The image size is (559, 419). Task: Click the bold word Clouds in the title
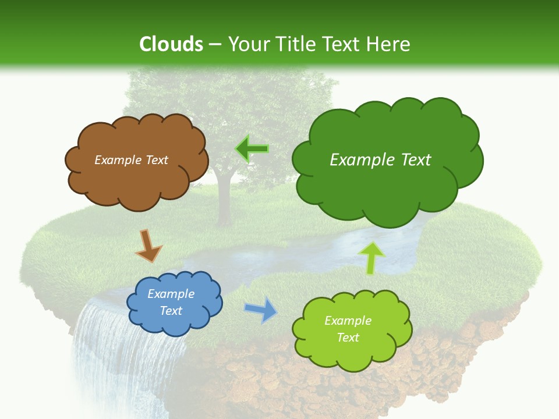tap(171, 44)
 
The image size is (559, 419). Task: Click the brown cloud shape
tap(137, 180)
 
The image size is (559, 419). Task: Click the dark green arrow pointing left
tap(252, 150)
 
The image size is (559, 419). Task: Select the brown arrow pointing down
tap(148, 246)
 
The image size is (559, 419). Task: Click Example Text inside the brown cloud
tap(131, 160)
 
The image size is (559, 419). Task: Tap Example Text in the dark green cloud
tap(380, 159)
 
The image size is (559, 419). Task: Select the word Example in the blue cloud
tap(171, 294)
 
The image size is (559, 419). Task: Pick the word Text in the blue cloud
tap(171, 311)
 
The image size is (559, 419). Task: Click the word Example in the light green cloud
tap(348, 321)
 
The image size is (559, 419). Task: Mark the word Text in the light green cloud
tap(348, 338)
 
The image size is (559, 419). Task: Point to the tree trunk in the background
tap(222, 204)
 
